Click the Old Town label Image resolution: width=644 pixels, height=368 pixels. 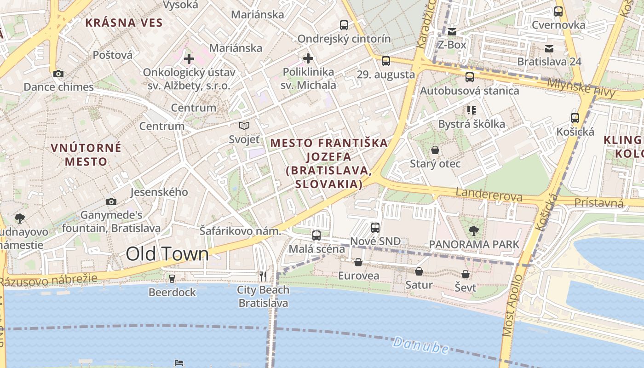pyautogui.click(x=167, y=254)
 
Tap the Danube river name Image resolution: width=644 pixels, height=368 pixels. pyautogui.click(x=420, y=345)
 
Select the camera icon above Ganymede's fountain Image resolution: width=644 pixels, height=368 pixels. pyautogui.click(x=111, y=201)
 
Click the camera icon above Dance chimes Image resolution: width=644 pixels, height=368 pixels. pyautogui.click(x=58, y=74)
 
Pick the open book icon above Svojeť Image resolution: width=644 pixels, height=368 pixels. pyautogui.click(x=244, y=126)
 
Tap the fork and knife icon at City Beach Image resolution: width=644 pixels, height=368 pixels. pyautogui.click(x=263, y=276)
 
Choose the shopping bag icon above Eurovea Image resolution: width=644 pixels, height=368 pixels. pyautogui.click(x=358, y=262)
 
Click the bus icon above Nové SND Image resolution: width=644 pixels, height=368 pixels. pyautogui.click(x=375, y=227)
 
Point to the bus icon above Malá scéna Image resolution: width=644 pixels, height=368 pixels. pyautogui.click(x=316, y=236)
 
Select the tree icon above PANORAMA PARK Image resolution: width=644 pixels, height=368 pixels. pyautogui.click(x=473, y=231)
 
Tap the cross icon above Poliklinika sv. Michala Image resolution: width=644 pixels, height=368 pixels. pyautogui.click(x=308, y=58)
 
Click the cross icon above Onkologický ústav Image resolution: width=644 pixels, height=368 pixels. pyautogui.click(x=189, y=59)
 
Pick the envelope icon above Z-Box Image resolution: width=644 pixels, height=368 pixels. pyautogui.click(x=452, y=31)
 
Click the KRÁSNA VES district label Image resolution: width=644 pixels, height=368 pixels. pyautogui.click(x=124, y=23)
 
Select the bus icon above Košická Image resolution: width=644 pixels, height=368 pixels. pyautogui.click(x=575, y=118)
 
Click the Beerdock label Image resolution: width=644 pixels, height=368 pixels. pyautogui.click(x=172, y=292)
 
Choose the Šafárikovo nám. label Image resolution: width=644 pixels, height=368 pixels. pyautogui.click(x=240, y=231)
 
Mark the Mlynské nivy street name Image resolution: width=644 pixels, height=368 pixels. pyautogui.click(x=581, y=88)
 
